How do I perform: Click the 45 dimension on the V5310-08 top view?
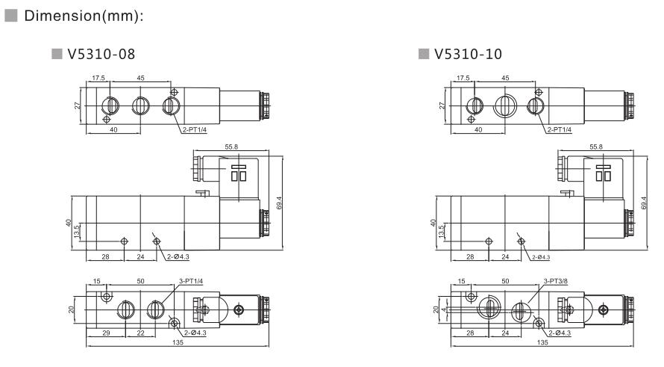click(142, 77)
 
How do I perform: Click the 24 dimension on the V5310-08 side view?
click(140, 256)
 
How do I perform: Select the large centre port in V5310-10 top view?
click(503, 105)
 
